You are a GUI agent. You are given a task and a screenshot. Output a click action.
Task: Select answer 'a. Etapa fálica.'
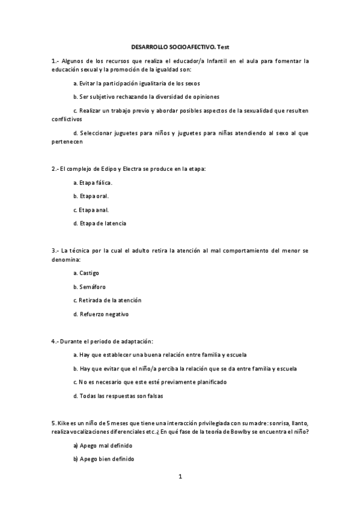pyautogui.click(x=93, y=182)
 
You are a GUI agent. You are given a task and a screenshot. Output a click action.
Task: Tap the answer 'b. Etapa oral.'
pyautogui.click(x=91, y=195)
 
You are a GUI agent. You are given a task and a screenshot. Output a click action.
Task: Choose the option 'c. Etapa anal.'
pyautogui.click(x=91, y=209)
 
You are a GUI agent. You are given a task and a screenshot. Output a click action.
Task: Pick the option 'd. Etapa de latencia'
pyautogui.click(x=100, y=223)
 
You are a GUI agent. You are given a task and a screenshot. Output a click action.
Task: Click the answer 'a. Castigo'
pyautogui.click(x=86, y=272)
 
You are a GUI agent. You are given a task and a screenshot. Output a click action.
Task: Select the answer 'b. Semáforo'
pyautogui.click(x=89, y=286)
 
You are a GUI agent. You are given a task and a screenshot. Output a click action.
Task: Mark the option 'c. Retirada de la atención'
pyautogui.click(x=107, y=300)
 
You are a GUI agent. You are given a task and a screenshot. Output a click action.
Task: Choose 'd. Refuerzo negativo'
pyautogui.click(x=100, y=313)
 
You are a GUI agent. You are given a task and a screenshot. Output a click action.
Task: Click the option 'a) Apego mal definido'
pyautogui.click(x=102, y=446)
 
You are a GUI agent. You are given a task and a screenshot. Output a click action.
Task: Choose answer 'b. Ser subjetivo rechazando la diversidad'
pyautogui.click(x=145, y=96)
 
